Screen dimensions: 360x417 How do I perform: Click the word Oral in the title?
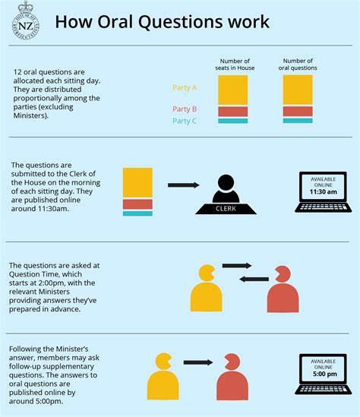click(115, 21)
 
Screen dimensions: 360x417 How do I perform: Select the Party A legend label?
click(185, 87)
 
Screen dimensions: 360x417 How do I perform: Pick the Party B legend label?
click(185, 109)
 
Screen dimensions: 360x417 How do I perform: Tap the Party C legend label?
click(185, 121)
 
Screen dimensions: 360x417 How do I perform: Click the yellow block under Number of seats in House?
click(233, 90)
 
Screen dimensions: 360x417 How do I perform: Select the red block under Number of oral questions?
click(298, 111)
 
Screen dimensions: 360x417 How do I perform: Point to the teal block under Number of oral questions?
click(298, 121)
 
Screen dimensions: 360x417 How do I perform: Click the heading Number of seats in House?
click(235, 65)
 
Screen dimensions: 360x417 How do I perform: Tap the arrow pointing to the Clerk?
click(184, 185)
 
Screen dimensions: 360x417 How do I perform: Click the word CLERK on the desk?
click(226, 208)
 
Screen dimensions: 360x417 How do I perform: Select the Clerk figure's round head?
click(226, 183)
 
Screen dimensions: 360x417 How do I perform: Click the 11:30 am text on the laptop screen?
click(323, 191)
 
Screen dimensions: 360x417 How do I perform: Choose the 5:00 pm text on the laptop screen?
click(324, 374)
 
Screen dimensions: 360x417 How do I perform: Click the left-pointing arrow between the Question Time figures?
click(254, 279)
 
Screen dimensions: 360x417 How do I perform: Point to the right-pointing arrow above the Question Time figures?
click(237, 265)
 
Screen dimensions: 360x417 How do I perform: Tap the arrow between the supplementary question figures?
click(198, 362)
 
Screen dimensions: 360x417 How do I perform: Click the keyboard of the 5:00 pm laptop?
click(324, 390)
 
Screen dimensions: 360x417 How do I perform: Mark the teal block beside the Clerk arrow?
click(137, 213)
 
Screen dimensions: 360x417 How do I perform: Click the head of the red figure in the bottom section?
click(232, 362)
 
